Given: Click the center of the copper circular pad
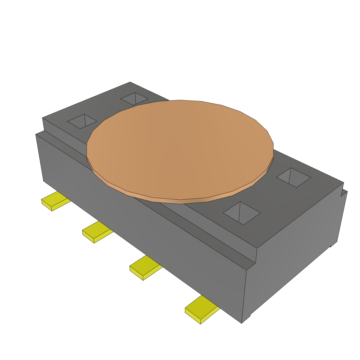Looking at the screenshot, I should tap(180, 149).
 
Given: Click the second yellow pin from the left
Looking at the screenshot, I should tap(97, 232).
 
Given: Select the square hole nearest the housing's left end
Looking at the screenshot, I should tap(82, 121).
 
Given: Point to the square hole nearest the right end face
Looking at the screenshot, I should tap(294, 178).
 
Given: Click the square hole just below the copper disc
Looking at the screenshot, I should tap(242, 213).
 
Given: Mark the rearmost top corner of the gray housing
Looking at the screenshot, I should tap(130, 82).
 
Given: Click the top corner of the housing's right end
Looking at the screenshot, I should tap(343, 183).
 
